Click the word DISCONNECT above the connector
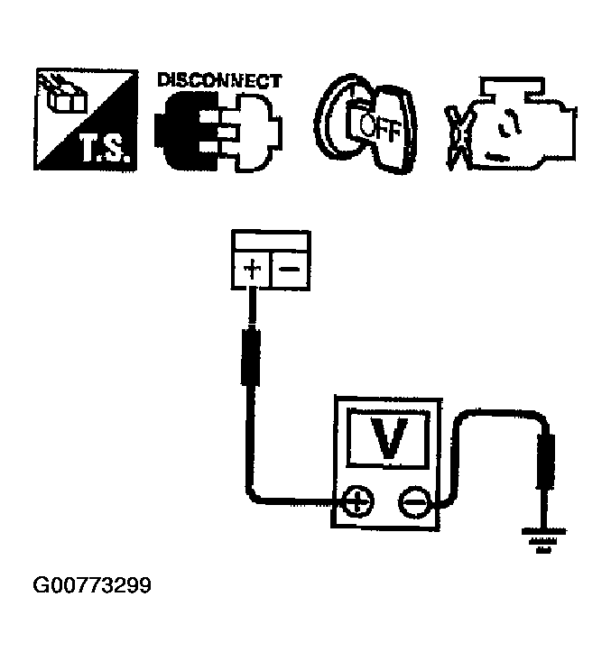(219, 80)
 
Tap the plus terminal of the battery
(252, 269)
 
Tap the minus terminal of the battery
(290, 269)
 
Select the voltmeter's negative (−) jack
(413, 502)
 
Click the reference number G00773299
(91, 587)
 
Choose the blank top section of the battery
(271, 242)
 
